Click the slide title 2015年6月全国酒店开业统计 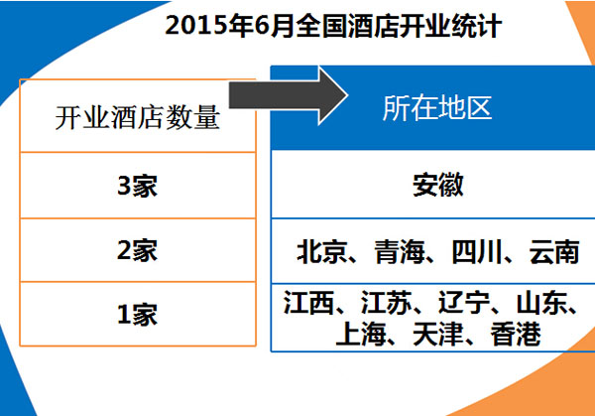[333, 26]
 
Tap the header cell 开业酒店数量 [138, 117]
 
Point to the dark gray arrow [289, 95]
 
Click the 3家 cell [138, 186]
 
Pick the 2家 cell [138, 250]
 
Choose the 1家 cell [138, 315]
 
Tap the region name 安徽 [438, 185]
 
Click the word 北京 [322, 252]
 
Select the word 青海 [400, 252]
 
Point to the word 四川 [477, 252]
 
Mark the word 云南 [554, 252]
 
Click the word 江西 [308, 303]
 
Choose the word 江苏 [387, 303]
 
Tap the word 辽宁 [464, 303]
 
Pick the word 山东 [541, 303]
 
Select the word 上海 [361, 335]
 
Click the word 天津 [438, 335]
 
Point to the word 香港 [516, 335]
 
